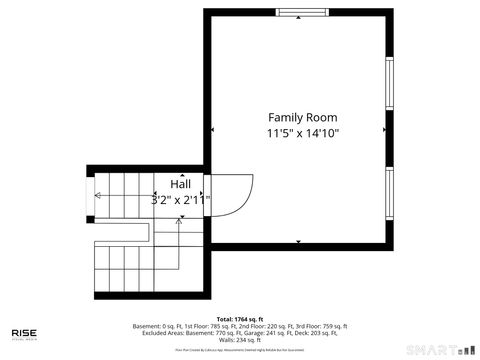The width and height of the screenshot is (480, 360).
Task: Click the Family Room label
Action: coord(303,116)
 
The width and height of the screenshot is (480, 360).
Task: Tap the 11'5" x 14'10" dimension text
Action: coord(303,133)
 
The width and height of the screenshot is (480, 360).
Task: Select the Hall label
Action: coord(181,184)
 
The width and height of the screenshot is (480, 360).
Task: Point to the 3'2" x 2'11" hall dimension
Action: coord(181,199)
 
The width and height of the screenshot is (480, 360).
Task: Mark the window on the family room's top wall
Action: coord(303,12)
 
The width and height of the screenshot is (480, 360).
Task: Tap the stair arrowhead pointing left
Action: coord(98,195)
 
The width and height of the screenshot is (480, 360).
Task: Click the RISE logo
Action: coord(25,333)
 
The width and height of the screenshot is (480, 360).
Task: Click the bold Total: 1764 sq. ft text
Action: coord(240,319)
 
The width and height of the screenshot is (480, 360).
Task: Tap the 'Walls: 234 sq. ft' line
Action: coord(240,340)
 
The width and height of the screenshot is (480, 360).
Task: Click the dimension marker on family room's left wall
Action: coord(213,128)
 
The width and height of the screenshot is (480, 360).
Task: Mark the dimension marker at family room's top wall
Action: coord(300,17)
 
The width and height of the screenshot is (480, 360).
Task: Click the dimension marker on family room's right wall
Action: coord(383,128)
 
